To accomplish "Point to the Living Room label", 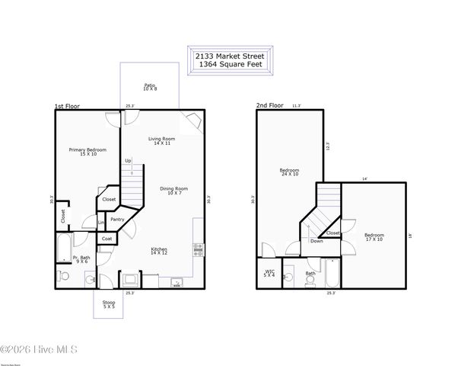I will pos(161,140).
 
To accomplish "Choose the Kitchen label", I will pos(158,251).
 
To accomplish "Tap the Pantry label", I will pos(117,220).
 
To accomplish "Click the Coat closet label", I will pos(107,239).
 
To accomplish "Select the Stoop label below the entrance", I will pos(109,304).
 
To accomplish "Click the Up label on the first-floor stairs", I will pos(128,161).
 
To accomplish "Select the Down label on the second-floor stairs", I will pos(316,241).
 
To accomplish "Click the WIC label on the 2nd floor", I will pos(269,272).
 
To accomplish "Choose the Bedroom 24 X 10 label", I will pos(289,172).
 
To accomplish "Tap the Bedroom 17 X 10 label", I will pos(373,237).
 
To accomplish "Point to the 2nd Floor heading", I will pos(270,106).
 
